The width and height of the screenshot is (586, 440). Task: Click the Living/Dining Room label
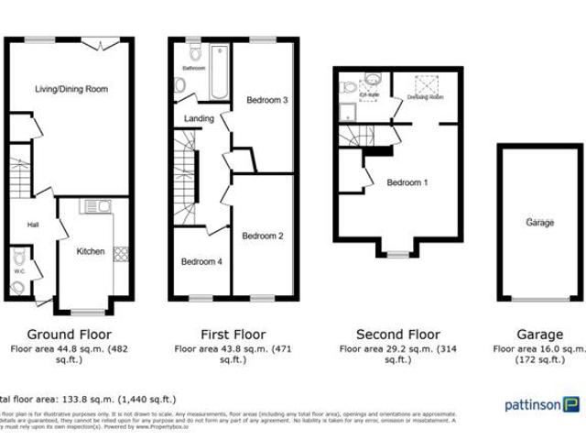(x=71, y=89)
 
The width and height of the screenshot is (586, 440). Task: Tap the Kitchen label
(x=90, y=251)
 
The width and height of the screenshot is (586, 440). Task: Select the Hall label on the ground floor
(x=32, y=225)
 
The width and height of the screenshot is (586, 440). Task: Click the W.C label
(x=19, y=270)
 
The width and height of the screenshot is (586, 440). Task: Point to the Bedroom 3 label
(x=267, y=100)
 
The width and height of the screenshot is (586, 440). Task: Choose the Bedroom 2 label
(x=262, y=236)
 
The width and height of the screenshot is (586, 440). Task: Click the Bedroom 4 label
(x=201, y=261)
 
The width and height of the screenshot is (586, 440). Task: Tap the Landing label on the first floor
(x=199, y=118)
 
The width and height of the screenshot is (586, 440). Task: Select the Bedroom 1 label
(x=407, y=182)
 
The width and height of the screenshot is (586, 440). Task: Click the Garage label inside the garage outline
(x=539, y=223)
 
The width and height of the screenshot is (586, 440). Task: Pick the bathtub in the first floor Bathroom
(x=221, y=78)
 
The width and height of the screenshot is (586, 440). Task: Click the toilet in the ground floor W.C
(x=17, y=288)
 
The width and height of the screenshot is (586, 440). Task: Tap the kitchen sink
(x=95, y=207)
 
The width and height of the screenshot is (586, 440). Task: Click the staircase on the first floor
(x=187, y=174)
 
